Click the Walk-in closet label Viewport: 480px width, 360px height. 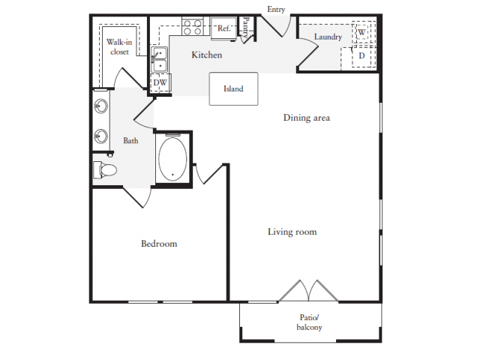(x=118, y=47)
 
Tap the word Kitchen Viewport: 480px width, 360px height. (x=206, y=55)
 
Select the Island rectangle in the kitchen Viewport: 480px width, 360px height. (x=233, y=88)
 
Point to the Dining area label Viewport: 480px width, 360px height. (x=306, y=118)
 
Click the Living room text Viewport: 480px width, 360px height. (x=292, y=232)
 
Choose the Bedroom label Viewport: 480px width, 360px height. (x=159, y=244)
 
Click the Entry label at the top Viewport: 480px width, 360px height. (x=275, y=10)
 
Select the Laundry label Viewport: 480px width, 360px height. (x=328, y=37)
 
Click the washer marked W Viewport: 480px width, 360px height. (x=361, y=33)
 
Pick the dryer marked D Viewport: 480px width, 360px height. (x=361, y=55)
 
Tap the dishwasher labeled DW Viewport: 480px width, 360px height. (x=160, y=82)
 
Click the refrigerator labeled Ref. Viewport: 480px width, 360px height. (x=223, y=28)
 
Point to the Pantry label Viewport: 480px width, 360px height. (x=245, y=28)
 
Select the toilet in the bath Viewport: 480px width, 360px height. (x=105, y=170)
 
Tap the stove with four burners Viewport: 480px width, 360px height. (x=192, y=27)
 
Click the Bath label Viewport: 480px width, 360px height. (x=130, y=140)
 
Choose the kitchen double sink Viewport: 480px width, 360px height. (x=159, y=59)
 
